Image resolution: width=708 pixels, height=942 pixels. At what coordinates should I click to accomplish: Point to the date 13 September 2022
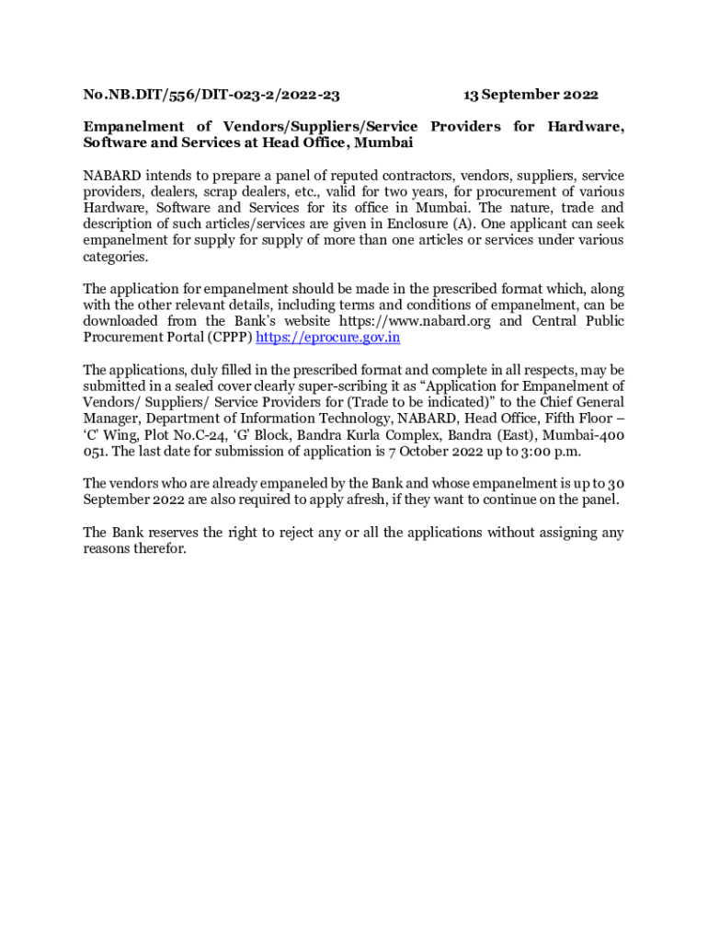click(531, 95)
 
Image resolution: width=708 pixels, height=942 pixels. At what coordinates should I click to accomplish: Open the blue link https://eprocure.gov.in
click(327, 338)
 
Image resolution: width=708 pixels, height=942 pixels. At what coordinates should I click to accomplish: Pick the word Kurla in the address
click(362, 436)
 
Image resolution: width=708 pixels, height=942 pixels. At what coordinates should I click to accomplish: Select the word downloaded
click(125, 322)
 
